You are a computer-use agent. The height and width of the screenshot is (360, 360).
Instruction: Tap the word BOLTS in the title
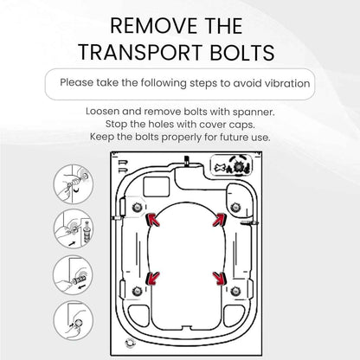pyautogui.click(x=242, y=52)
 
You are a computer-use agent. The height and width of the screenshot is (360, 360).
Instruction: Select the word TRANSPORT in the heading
pyautogui.click(x=140, y=52)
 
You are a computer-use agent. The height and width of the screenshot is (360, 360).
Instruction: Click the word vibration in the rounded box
pyautogui.click(x=287, y=83)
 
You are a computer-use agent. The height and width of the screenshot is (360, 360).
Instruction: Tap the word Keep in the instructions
pyautogui.click(x=100, y=137)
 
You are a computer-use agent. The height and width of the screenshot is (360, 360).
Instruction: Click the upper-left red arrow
pyautogui.click(x=154, y=220)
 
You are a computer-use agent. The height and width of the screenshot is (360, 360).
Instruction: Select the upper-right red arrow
pyautogui.click(x=220, y=220)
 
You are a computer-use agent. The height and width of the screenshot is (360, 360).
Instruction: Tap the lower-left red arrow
pyautogui.click(x=153, y=279)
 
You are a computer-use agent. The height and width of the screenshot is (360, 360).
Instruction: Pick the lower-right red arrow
pyautogui.click(x=220, y=279)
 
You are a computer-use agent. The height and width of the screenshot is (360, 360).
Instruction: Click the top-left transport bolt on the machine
pyautogui.click(x=137, y=207)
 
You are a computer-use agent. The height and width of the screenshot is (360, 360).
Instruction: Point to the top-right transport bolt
pyautogui.click(x=235, y=207)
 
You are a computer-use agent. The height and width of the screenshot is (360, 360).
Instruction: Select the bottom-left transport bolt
pyautogui.click(x=137, y=291)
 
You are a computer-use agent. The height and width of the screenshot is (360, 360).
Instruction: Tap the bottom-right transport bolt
pyautogui.click(x=235, y=291)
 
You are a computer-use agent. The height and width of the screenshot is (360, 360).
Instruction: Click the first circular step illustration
pyautogui.click(x=74, y=184)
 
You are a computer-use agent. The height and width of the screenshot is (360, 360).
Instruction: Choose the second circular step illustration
pyautogui.click(x=74, y=229)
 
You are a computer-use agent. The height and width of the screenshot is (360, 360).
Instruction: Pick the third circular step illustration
pyautogui.click(x=74, y=275)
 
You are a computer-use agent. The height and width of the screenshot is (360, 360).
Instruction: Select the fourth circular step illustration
pyautogui.click(x=74, y=321)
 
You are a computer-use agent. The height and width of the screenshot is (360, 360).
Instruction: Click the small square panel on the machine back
pyautogui.click(x=157, y=187)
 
